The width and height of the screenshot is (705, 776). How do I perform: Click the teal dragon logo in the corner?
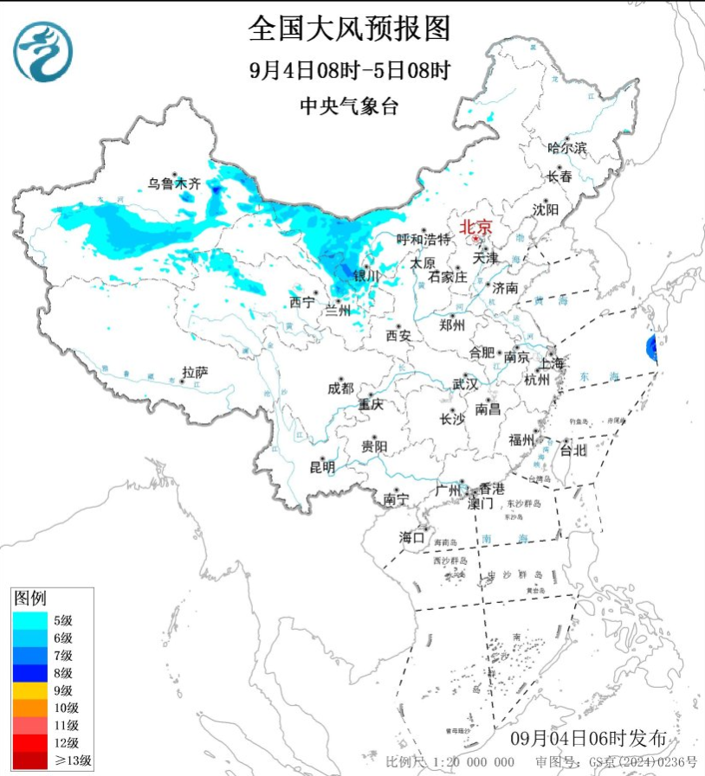[x=42, y=51]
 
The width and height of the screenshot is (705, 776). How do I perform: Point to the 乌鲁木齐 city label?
[x=173, y=183]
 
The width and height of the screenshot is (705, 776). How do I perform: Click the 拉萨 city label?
[x=195, y=372]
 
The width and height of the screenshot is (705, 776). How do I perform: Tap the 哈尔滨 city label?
[x=567, y=148]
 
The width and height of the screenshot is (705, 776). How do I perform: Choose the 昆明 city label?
[x=321, y=467]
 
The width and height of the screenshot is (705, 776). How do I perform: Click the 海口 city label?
[x=412, y=537]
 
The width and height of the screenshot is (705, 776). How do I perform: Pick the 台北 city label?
[x=573, y=450]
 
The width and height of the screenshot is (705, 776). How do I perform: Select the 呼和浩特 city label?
[x=424, y=239]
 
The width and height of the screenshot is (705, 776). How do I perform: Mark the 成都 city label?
[x=340, y=388]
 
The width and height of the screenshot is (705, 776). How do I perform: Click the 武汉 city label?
[x=465, y=383]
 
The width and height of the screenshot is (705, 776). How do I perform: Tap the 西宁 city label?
[x=302, y=302]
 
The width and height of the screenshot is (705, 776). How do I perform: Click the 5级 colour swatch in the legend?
[x=30, y=619]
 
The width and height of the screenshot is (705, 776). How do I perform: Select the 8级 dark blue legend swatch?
[x=30, y=672]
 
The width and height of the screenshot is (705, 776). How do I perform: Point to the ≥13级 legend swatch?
[x=30, y=760]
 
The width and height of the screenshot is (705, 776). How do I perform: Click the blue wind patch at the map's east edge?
[x=650, y=350]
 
